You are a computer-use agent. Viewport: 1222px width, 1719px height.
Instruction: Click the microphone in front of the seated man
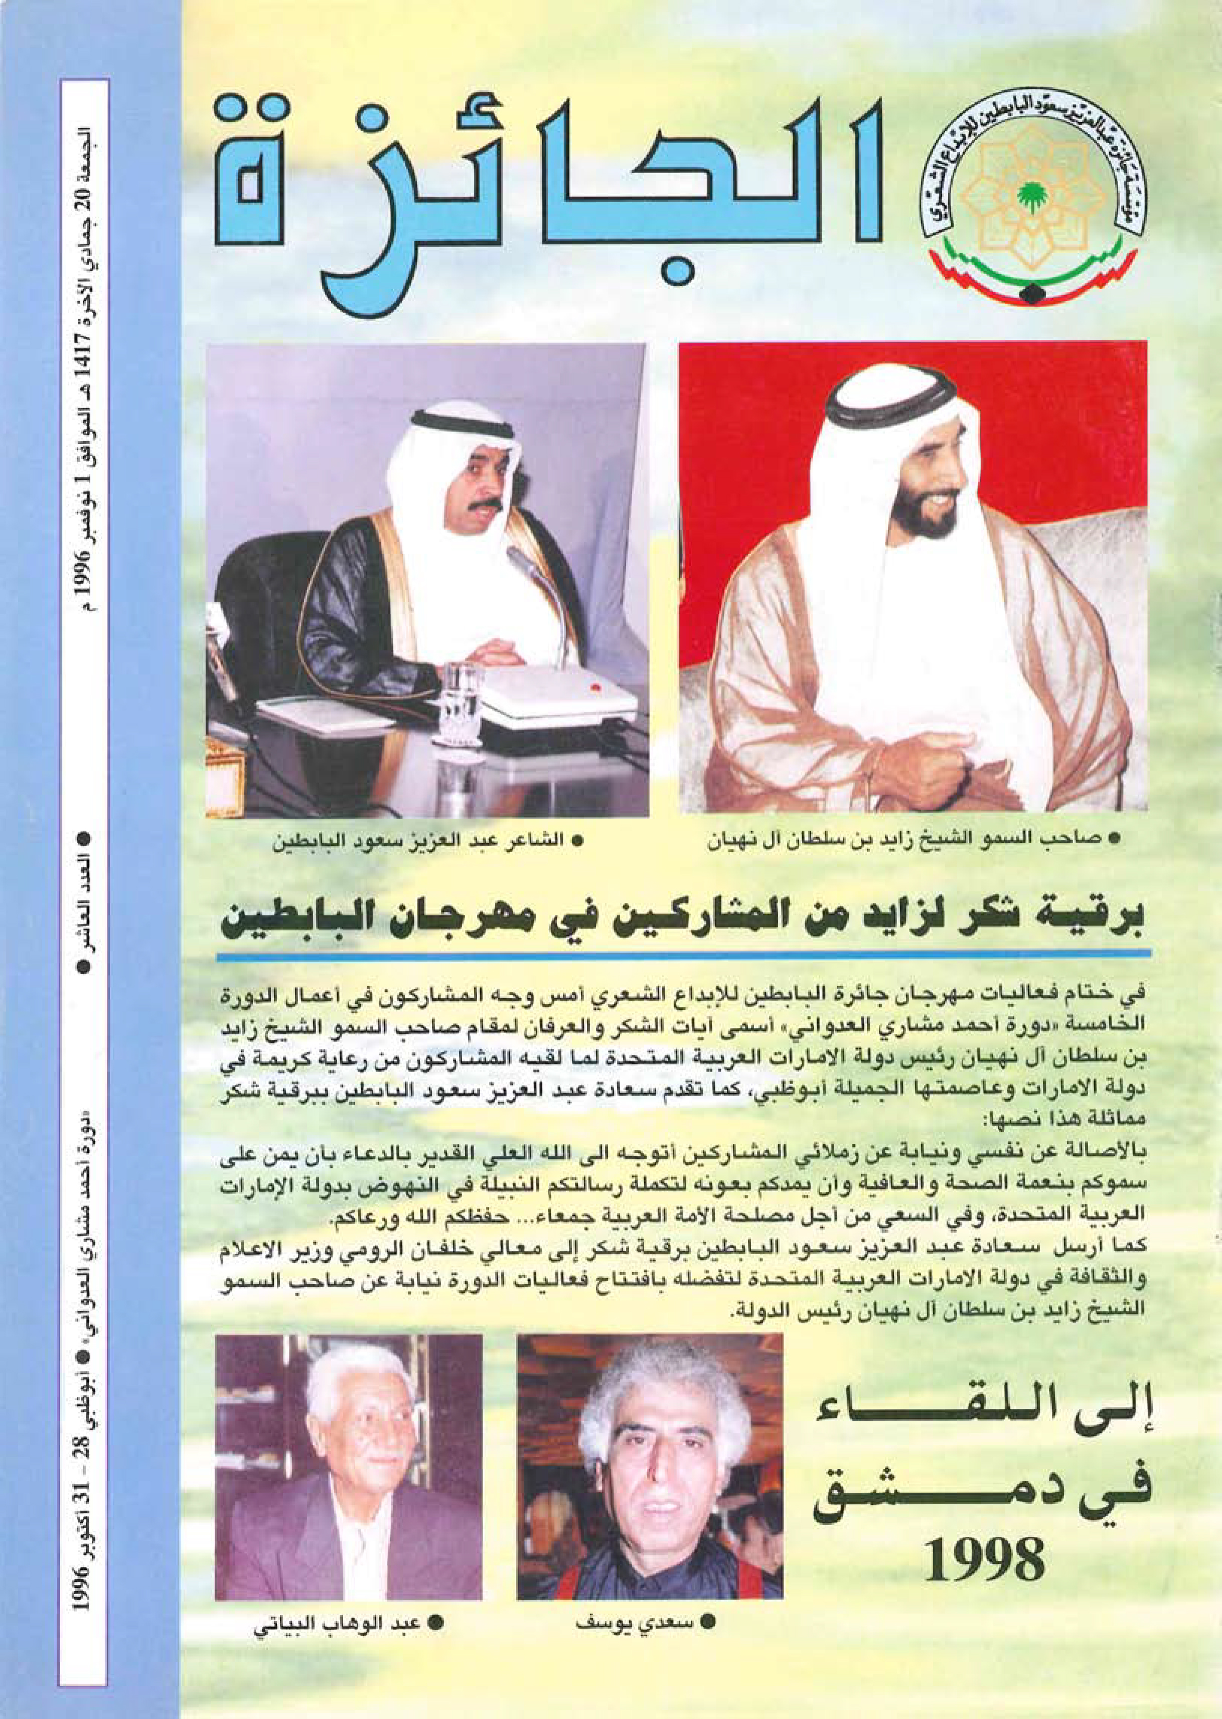point(531,572)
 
